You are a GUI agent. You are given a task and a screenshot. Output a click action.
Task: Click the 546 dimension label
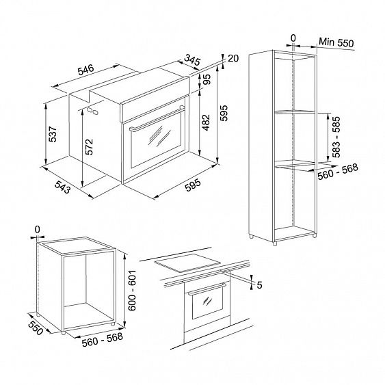click(x=85, y=70)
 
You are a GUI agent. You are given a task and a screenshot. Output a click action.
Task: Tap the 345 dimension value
click(x=192, y=60)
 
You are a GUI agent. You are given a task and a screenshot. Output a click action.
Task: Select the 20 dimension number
click(x=233, y=58)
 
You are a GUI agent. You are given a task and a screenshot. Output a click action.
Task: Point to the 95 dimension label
click(x=207, y=79)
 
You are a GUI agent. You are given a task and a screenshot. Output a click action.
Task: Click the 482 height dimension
click(x=206, y=122)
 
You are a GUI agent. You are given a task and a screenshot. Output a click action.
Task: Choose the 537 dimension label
click(x=53, y=134)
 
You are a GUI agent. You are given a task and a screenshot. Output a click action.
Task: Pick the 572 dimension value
click(x=89, y=147)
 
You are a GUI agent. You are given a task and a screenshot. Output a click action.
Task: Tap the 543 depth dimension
click(x=62, y=187)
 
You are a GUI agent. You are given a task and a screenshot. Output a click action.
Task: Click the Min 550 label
click(x=336, y=42)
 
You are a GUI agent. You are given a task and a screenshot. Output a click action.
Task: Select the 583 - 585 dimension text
click(x=336, y=137)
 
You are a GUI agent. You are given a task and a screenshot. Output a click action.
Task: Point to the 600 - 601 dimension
click(x=132, y=291)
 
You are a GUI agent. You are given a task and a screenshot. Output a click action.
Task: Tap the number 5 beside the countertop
click(x=259, y=285)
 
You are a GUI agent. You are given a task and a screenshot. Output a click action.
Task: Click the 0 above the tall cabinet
click(x=293, y=38)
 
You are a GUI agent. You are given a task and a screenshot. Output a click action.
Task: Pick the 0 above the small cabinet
click(x=37, y=230)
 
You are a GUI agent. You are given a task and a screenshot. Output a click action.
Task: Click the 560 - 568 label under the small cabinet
click(x=102, y=339)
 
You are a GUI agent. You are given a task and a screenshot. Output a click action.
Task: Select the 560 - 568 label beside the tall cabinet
click(x=338, y=172)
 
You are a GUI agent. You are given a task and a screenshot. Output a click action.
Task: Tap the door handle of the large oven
click(x=157, y=118)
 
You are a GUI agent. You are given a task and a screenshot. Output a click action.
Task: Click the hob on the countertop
click(x=186, y=263)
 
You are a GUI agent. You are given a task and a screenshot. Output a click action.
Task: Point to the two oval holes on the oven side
click(x=92, y=111)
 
